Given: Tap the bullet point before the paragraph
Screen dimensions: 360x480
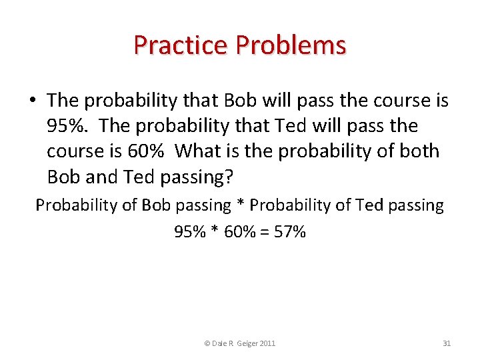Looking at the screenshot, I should click(x=32, y=101).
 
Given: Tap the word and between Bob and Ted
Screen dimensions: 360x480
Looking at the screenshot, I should click(x=101, y=177).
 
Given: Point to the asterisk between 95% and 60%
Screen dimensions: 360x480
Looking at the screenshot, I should click(x=212, y=231).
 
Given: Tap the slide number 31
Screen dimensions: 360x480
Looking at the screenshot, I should click(x=447, y=343).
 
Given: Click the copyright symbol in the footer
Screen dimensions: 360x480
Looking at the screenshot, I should click(x=207, y=343).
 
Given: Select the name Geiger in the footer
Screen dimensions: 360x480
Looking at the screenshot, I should click(x=247, y=343).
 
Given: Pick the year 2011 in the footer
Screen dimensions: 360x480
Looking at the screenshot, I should click(x=268, y=343).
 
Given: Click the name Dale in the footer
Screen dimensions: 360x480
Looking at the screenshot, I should click(x=220, y=343).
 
